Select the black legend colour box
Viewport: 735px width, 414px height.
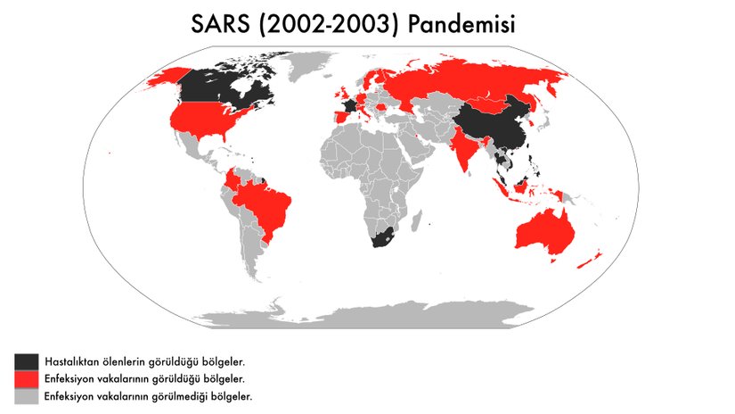(x=27, y=361)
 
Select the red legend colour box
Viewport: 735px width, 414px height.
(x=27, y=378)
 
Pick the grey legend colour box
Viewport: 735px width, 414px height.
(x=27, y=395)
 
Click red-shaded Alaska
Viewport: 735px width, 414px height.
(x=165, y=79)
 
